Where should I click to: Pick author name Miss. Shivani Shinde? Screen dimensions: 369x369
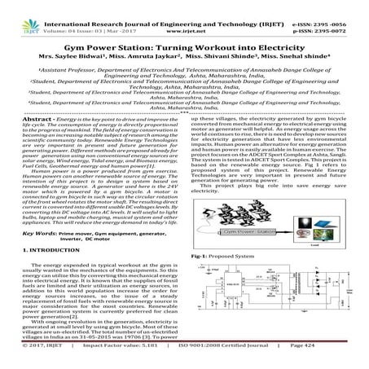[x=227, y=37]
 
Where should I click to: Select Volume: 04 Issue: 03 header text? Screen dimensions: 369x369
[x=81, y=14]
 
